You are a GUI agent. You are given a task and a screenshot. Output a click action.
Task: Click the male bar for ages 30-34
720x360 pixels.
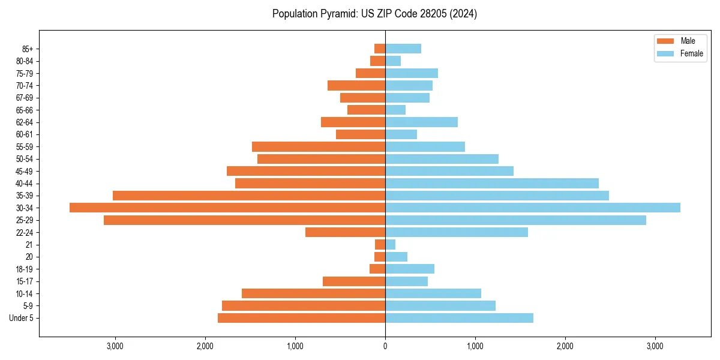[227, 208]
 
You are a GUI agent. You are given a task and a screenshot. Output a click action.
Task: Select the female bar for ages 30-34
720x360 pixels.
[533, 208]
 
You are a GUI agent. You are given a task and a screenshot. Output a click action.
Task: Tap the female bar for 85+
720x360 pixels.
[403, 49]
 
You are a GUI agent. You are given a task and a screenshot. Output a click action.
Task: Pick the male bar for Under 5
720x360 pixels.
[301, 318]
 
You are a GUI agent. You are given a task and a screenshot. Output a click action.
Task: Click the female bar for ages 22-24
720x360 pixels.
[457, 232]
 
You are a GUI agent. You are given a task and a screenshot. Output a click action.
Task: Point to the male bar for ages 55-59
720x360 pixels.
[319, 146]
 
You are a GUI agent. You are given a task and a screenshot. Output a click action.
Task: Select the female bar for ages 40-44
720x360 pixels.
[492, 183]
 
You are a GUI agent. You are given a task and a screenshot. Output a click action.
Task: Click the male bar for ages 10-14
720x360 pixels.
[313, 293]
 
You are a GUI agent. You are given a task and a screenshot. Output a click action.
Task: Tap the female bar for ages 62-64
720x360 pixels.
[421, 122]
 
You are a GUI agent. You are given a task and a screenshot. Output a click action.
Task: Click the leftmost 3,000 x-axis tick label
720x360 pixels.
[115, 346]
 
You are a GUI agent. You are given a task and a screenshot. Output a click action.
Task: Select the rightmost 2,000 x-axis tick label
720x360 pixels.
[565, 346]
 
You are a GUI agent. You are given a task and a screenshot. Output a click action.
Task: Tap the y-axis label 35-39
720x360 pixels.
[24, 196]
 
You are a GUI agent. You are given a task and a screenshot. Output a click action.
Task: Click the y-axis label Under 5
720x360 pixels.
[22, 318]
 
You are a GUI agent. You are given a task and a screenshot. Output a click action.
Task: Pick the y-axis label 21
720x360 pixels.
[29, 245]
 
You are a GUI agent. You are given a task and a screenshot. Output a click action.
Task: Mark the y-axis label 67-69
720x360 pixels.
[24, 98]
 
